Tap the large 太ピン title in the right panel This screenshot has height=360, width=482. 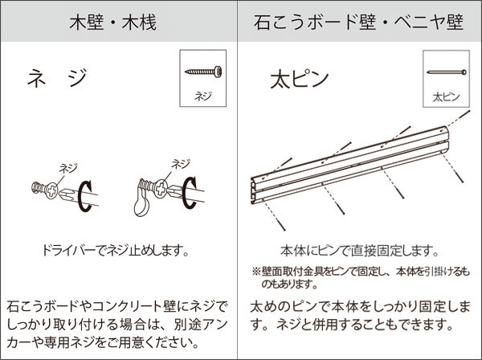[x=298, y=81]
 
